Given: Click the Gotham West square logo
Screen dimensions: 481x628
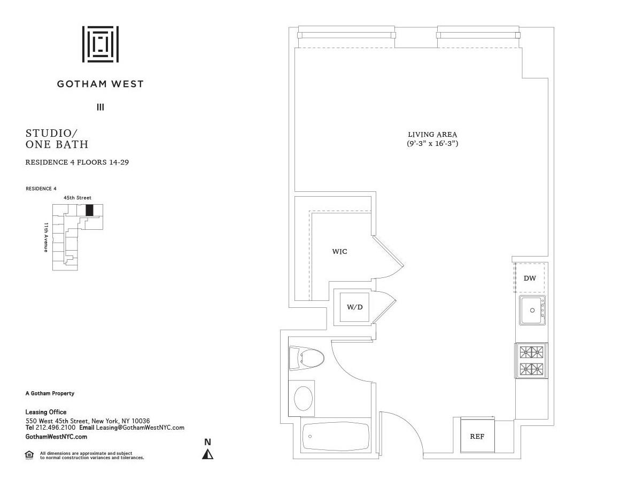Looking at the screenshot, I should (100, 44).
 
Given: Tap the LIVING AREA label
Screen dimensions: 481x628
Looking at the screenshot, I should (432, 135).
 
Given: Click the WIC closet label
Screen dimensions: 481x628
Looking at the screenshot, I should (339, 251).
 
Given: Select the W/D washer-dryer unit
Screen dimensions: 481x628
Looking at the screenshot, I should (354, 307).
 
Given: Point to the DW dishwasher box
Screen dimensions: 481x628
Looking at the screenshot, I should (530, 278).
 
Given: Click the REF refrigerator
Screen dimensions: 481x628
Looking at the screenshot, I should (477, 436).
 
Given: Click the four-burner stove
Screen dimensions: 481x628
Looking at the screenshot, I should (531, 360).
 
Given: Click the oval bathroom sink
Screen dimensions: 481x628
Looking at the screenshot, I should (304, 398).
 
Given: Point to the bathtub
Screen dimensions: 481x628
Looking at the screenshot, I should (335, 436).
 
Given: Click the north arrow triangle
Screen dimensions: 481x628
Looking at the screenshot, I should (208, 454).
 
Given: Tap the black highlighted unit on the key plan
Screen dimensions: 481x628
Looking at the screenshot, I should (89, 210).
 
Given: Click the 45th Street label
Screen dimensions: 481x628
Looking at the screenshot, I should (77, 198).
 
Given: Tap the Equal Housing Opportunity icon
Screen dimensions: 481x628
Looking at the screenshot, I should (29, 455).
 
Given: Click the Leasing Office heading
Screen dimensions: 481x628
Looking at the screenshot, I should (46, 412).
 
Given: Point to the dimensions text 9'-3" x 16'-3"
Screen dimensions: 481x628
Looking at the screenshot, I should (432, 144).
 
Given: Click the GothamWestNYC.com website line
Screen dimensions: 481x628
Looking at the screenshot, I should (56, 437).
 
